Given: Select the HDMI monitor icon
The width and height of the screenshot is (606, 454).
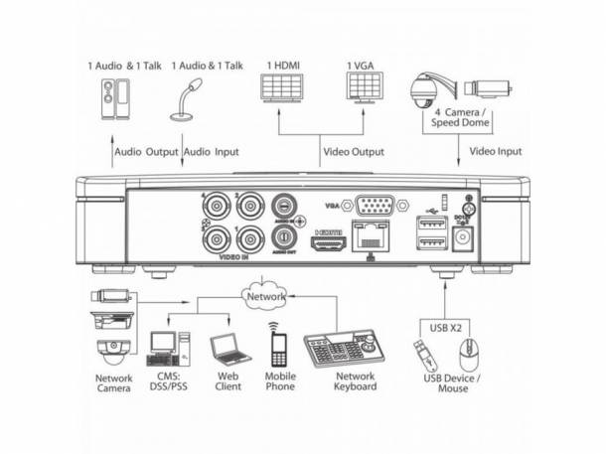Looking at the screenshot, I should coord(280,89).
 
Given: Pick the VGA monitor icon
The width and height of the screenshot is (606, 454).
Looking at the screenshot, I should coord(363,89).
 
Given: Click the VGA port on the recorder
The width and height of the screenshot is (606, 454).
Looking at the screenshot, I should coord(376,208).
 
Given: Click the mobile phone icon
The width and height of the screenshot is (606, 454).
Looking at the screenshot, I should coord(279,348).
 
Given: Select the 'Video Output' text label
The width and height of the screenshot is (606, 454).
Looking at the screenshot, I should coord(353,154).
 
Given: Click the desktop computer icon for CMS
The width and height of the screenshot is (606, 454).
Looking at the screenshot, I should coord(164,348).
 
